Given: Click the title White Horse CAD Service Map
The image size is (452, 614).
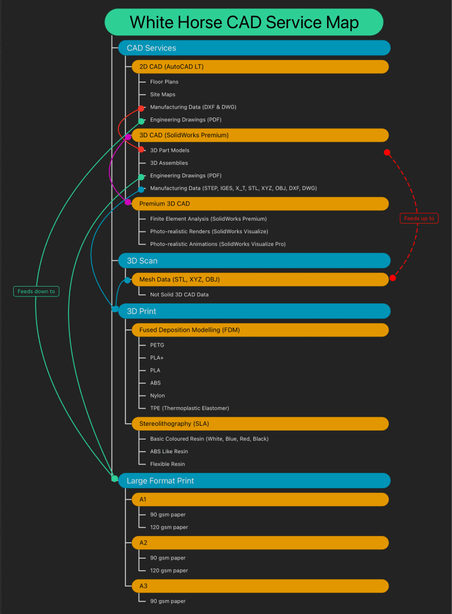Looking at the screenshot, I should [244, 22].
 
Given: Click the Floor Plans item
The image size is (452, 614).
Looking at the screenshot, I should [164, 82].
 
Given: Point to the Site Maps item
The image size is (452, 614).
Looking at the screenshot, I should [163, 95].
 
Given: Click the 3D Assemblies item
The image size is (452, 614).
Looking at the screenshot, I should [169, 163].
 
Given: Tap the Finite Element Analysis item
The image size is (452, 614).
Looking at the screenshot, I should [208, 219].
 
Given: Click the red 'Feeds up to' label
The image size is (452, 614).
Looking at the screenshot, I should [419, 218].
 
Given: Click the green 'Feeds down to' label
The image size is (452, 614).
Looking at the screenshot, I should [36, 291].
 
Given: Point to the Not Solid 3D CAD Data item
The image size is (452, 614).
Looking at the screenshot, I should [179, 294].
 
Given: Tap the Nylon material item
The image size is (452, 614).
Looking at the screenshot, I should [158, 396].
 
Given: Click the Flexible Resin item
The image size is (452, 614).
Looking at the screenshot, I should [167, 464].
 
